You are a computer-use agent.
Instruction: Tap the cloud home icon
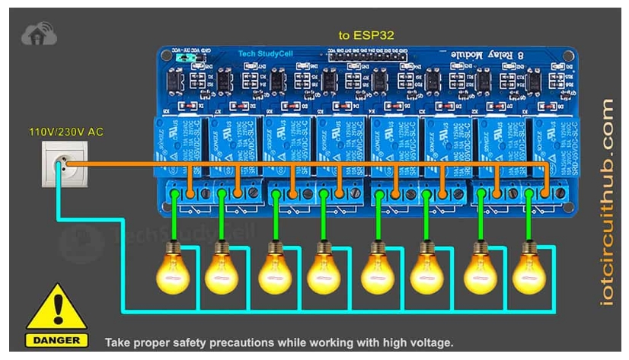pos(35,33)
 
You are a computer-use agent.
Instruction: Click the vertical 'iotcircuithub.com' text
pos(607,201)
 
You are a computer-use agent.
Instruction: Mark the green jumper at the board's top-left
pos(182,57)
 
